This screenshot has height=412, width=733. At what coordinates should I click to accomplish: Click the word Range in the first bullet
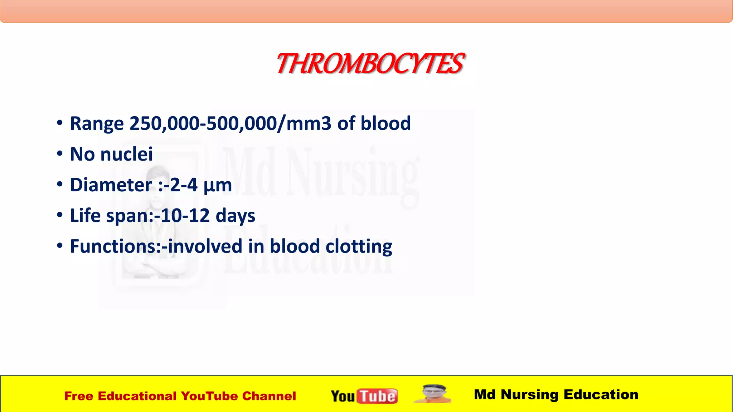tap(97, 124)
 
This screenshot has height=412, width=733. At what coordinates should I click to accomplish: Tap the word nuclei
tap(126, 154)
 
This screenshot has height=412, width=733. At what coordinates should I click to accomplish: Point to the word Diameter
tap(111, 185)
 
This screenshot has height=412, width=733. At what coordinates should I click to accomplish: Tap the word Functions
tap(113, 246)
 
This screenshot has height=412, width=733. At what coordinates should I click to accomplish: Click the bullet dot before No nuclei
tap(60, 154)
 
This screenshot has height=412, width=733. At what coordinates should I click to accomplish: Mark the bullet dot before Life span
tap(60, 215)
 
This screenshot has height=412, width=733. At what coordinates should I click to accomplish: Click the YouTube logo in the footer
tap(364, 396)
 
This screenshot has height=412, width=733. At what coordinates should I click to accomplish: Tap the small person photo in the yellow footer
tap(433, 394)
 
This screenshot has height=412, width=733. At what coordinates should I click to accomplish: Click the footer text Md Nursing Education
tap(556, 394)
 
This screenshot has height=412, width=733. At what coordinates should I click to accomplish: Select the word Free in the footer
tap(78, 396)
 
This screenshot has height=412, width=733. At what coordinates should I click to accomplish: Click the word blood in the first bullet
tap(385, 124)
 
